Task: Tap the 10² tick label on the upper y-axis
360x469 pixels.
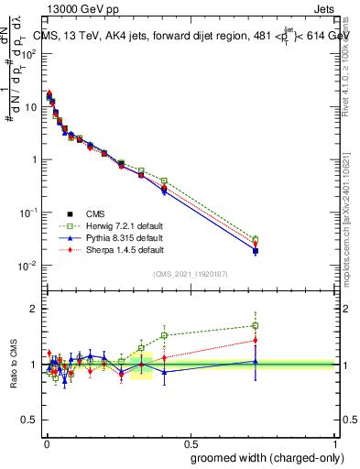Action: [30, 53]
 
